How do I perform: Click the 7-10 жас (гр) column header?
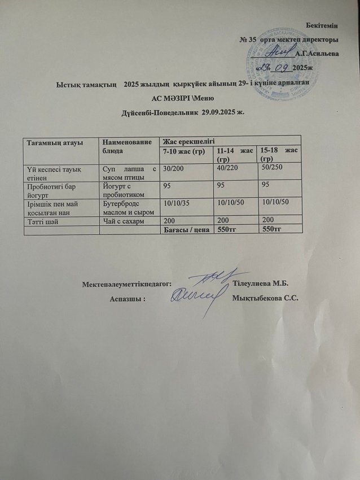point(183,153)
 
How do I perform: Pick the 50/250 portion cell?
point(265,169)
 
